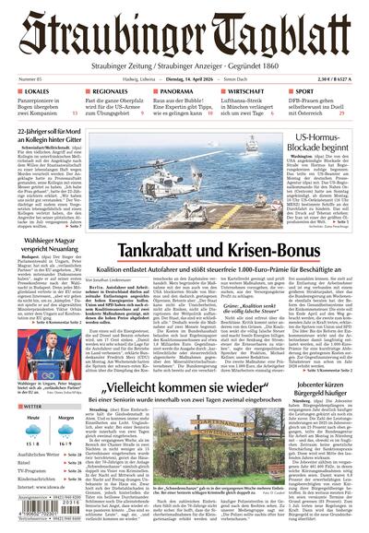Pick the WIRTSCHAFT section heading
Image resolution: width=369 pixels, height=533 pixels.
pos(248,93)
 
